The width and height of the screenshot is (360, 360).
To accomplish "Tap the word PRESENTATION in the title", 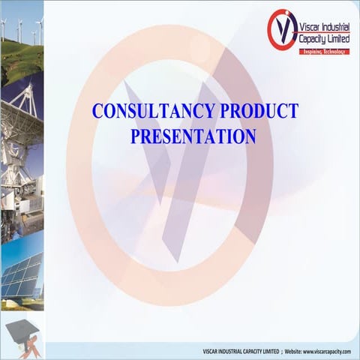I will pyautogui.click(x=193, y=136).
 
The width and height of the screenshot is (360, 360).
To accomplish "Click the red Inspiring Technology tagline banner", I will pyautogui.click(x=324, y=51).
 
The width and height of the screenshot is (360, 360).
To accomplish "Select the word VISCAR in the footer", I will pyautogui.click(x=211, y=352).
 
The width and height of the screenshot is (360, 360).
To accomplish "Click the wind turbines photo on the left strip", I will pyautogui.click(x=22, y=30).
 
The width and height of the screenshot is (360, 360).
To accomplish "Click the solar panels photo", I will pyautogui.click(x=21, y=274).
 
